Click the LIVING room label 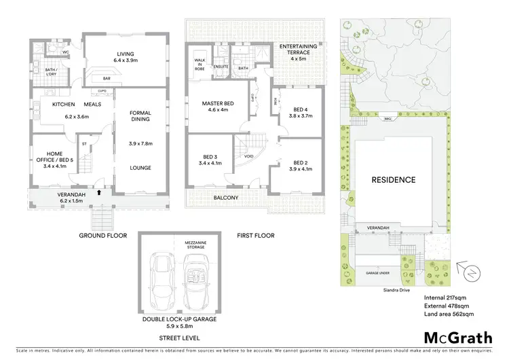click(124, 54)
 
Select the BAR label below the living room click(107, 78)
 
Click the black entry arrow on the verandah click(100, 193)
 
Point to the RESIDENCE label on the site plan click(394, 180)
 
